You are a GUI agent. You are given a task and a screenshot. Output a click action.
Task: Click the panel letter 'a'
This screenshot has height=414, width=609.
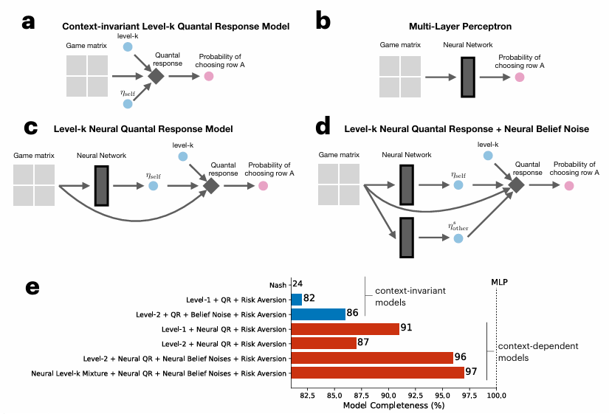28,22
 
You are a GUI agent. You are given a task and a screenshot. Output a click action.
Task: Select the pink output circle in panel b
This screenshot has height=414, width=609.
520,77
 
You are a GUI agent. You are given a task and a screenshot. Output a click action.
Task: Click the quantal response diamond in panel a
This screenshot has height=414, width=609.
156,75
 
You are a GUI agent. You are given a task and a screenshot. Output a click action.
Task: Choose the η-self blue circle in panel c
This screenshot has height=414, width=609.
153,186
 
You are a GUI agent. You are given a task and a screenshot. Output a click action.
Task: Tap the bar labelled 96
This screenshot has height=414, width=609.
372,358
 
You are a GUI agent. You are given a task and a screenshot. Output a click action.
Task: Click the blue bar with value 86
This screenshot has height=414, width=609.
318,314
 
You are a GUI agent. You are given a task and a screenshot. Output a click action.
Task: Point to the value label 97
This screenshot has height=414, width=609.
471,372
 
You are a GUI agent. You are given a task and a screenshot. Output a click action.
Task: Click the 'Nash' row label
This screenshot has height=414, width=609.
278,285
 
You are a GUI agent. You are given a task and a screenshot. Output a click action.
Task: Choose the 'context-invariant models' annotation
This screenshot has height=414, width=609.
410,297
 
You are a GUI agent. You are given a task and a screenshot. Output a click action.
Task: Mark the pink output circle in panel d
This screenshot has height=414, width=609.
568,186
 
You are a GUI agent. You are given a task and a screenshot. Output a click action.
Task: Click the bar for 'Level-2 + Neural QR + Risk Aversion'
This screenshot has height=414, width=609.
324,343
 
